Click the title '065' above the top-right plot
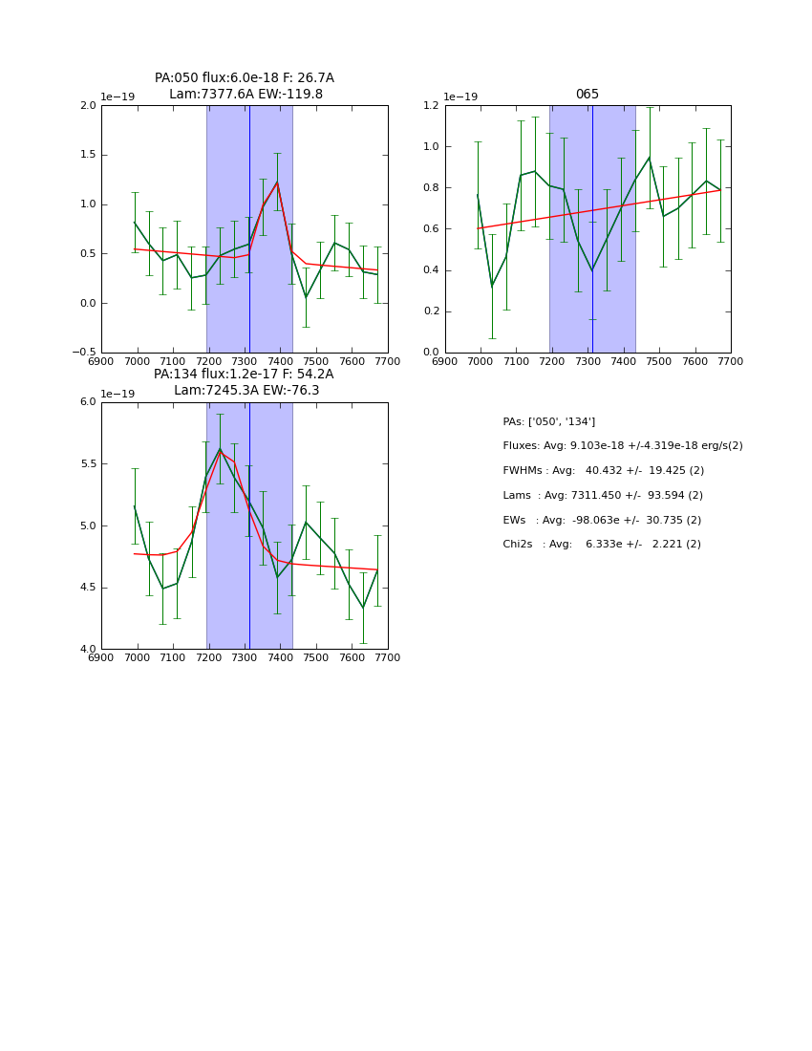[x=588, y=95]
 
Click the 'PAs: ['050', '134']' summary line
[x=549, y=421]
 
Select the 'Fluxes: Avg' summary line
[x=623, y=446]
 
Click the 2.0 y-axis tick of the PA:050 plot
[x=88, y=106]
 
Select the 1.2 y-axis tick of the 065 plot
[x=432, y=106]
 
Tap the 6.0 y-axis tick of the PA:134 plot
[x=88, y=402]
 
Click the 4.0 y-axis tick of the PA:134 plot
[x=88, y=650]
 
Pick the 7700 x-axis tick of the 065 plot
[x=731, y=362]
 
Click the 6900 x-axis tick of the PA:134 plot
[x=101, y=658]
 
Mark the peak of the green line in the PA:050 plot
[x=277, y=182]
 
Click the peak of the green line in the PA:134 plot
[x=220, y=448]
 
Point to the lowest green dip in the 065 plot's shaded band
[x=592, y=270]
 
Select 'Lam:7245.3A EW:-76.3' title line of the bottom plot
[x=246, y=391]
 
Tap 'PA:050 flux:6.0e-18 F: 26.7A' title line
[x=245, y=78]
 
